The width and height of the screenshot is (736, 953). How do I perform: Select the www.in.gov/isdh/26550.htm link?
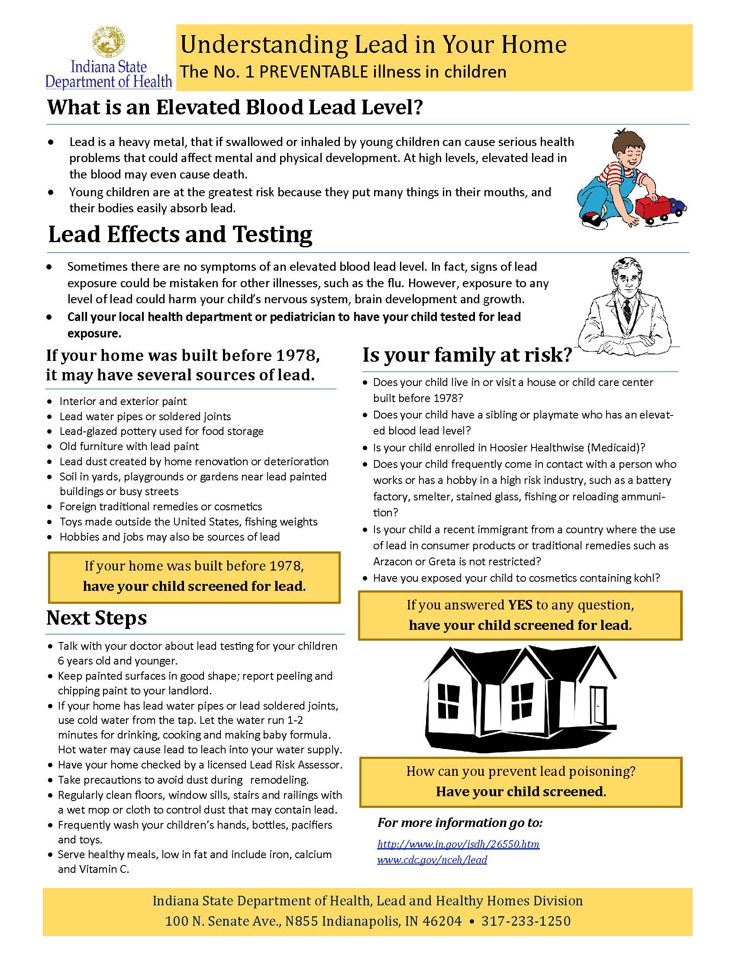tap(458, 844)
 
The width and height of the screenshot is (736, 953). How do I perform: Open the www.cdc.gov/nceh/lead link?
tap(432, 859)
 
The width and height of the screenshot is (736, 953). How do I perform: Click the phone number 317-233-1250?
tap(526, 921)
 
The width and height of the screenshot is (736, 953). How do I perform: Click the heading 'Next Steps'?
tap(97, 618)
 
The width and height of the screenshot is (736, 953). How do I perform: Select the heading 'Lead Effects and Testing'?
tap(180, 234)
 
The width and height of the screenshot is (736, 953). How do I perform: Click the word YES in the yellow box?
tap(520, 605)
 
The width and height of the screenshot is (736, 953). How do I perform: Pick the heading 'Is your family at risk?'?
tap(467, 356)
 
